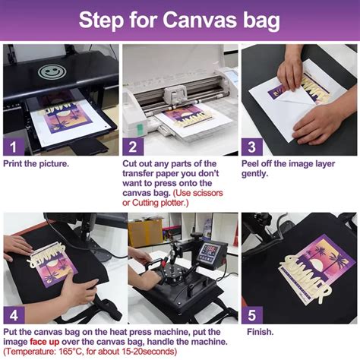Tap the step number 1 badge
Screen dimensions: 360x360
[x=13, y=146]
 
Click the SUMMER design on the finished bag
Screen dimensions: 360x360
[x=304, y=266]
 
